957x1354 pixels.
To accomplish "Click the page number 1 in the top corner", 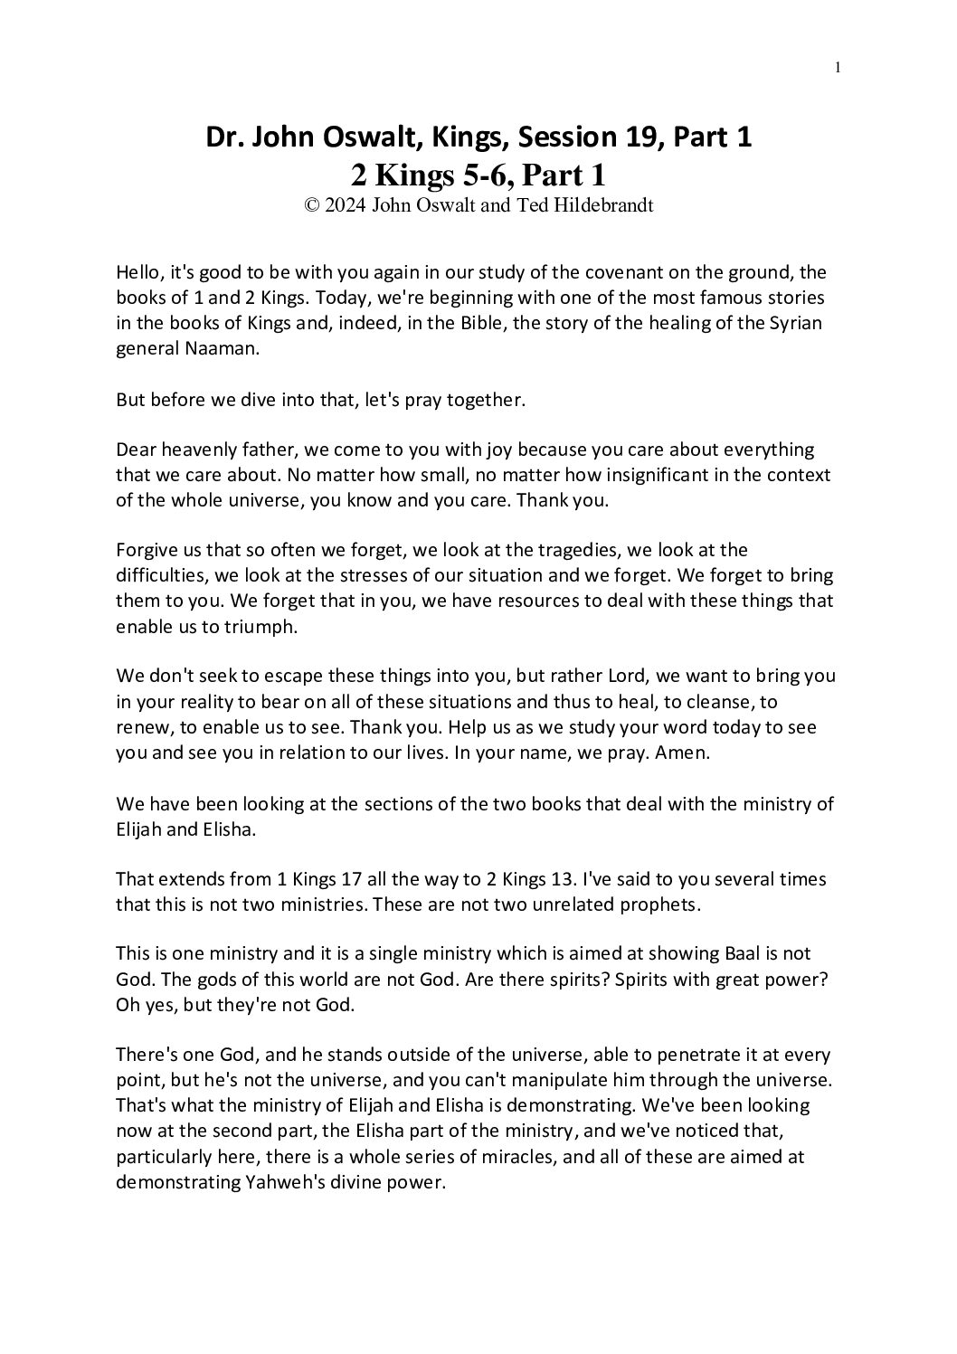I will click(839, 66).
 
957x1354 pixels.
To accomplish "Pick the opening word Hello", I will click(137, 272).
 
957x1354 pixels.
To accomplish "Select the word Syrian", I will click(796, 323).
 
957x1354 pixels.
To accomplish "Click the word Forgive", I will click(147, 550).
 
